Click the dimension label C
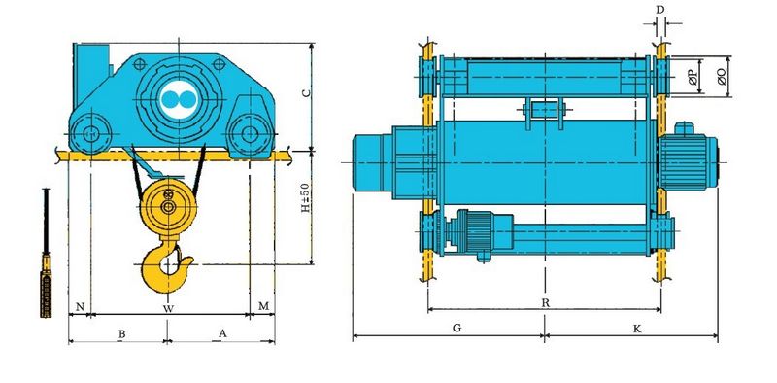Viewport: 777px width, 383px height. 306,92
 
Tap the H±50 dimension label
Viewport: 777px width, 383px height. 305,198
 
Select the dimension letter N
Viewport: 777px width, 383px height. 80,307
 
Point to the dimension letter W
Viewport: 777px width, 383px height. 168,308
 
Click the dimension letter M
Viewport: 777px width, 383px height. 264,306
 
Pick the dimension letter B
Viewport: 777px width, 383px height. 121,333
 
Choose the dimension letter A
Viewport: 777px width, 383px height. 222,333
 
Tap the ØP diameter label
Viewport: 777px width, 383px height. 693,77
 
